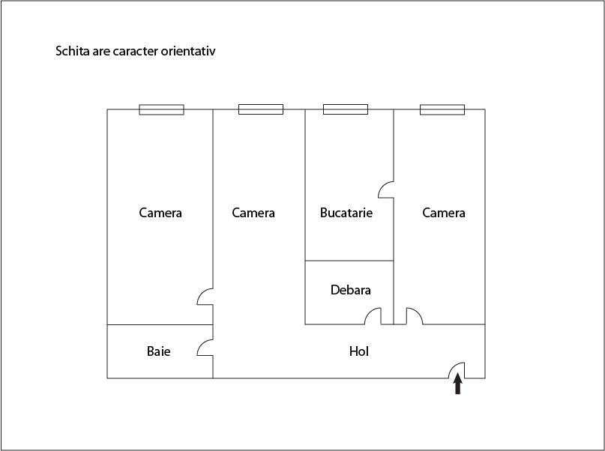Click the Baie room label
pyautogui.click(x=159, y=351)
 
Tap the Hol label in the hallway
pyautogui.click(x=359, y=351)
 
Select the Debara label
pyautogui.click(x=350, y=290)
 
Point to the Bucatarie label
pyautogui.click(x=346, y=213)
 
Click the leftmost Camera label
pyautogui.click(x=160, y=213)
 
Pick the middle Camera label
pyautogui.click(x=253, y=213)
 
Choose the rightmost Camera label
pyautogui.click(x=443, y=213)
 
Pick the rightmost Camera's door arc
pyautogui.click(x=418, y=312)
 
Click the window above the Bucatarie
pyautogui.click(x=346, y=109)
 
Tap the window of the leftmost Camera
pyautogui.click(x=161, y=109)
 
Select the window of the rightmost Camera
pyautogui.click(x=442, y=109)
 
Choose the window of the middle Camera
pyautogui.click(x=261, y=109)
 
